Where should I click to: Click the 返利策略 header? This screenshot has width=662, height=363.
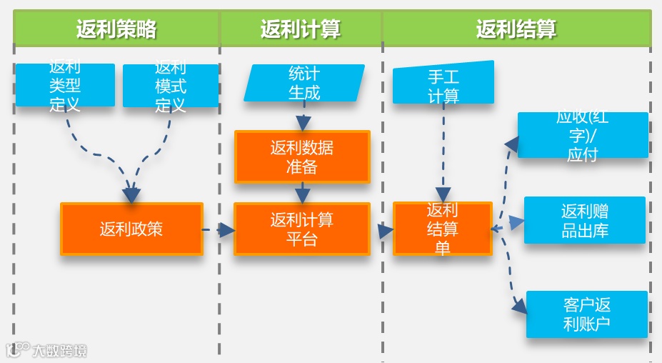tap(116, 29)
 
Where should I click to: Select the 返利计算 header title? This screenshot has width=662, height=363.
tap(301, 29)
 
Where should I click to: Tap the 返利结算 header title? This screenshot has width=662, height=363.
tap(516, 29)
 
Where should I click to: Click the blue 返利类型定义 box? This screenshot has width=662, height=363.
tap(65, 86)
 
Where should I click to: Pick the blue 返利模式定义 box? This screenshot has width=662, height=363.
tap(171, 86)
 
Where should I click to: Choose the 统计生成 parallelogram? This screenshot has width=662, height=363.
tap(304, 83)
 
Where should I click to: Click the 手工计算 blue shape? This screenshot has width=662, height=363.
tap(443, 84)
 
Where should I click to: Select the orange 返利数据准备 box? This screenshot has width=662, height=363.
tap(302, 156)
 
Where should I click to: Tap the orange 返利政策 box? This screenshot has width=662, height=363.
tap(131, 229)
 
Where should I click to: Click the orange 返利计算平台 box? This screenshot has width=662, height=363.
tap(302, 229)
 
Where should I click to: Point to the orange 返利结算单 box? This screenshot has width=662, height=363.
tap(443, 229)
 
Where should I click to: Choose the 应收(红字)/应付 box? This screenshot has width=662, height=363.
tap(583, 135)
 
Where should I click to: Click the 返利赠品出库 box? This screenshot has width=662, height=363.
tap(585, 220)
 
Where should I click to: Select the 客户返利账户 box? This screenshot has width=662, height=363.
tap(587, 314)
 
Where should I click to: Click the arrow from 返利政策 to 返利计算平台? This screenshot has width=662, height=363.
tap(219, 230)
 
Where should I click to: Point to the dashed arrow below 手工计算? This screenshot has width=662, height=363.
tap(443, 154)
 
